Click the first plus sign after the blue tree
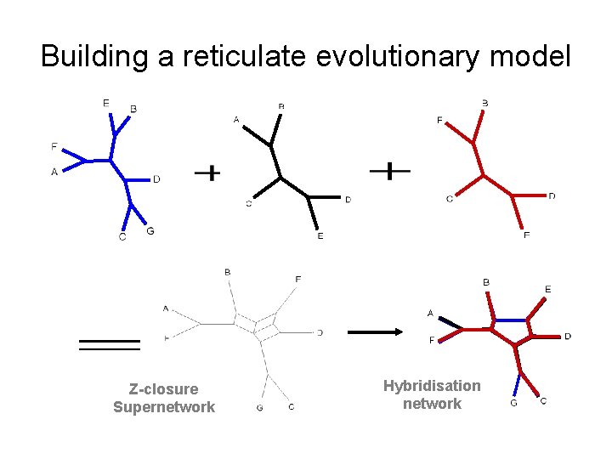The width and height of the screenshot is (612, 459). (x=207, y=173)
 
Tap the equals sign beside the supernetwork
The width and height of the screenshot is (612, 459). (x=109, y=344)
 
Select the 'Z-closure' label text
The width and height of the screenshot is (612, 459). (x=163, y=389)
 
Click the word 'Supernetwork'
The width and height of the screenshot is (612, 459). (x=164, y=407)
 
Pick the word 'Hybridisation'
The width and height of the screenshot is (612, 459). (x=432, y=386)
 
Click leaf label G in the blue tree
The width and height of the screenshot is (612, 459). (x=150, y=230)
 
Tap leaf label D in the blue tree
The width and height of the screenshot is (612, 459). (x=156, y=178)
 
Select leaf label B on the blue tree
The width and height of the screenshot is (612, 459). (x=133, y=109)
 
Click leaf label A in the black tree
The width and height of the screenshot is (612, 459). (x=236, y=120)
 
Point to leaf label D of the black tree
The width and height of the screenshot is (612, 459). (x=348, y=200)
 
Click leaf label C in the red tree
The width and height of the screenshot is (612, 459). (x=450, y=199)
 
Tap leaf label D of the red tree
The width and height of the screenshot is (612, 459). (x=552, y=196)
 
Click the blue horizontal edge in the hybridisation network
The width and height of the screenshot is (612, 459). (x=510, y=320)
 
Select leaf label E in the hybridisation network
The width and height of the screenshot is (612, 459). (x=547, y=290)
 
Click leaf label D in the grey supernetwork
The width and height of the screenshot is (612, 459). (x=319, y=332)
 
